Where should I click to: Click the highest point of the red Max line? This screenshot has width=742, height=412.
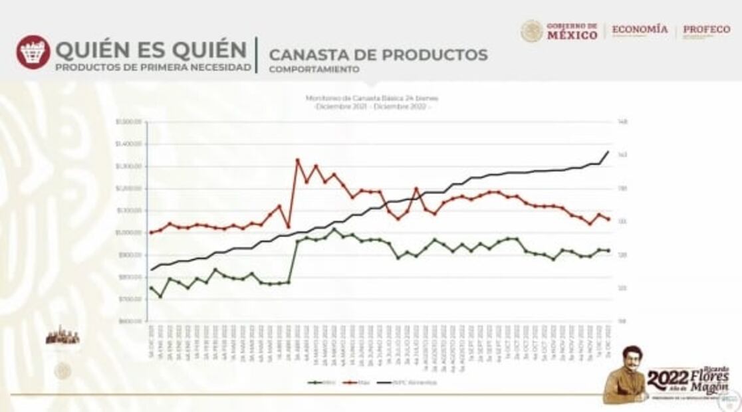pyautogui.click(x=297, y=160)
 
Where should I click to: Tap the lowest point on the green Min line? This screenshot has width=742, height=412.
pyautogui.click(x=160, y=296)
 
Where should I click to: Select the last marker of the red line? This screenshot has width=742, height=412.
pyautogui.click(x=608, y=219)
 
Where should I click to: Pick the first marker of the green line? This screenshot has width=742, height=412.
pyautogui.click(x=151, y=288)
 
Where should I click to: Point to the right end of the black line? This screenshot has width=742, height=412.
pyautogui.click(x=608, y=152)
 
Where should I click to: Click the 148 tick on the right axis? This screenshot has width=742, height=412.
pyautogui.click(x=623, y=122)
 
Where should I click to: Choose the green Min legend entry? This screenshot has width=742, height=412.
pyautogui.click(x=322, y=382)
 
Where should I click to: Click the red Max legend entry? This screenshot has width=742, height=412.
pyautogui.click(x=359, y=382)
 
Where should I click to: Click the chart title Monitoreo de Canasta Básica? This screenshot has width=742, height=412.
pyautogui.click(x=372, y=98)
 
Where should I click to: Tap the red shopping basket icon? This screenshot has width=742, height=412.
pyautogui.click(x=33, y=52)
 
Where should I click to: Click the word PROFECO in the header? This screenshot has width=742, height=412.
pyautogui.click(x=706, y=30)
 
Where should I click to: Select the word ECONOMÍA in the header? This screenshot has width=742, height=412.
pyautogui.click(x=640, y=30)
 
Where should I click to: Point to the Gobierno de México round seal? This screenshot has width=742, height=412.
pyautogui.click(x=532, y=31)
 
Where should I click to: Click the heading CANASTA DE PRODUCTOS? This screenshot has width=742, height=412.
pyautogui.click(x=378, y=54)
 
